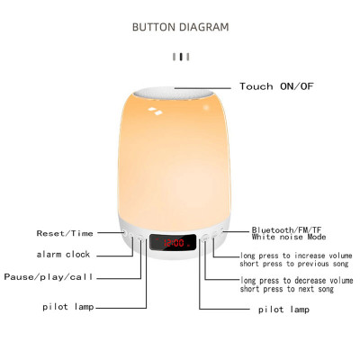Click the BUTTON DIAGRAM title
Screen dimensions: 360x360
tap(180, 27)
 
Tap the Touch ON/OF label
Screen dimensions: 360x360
tap(281, 86)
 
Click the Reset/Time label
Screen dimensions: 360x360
tap(64, 233)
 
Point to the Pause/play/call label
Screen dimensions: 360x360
tap(49, 276)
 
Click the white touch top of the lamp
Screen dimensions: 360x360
tap(180, 90)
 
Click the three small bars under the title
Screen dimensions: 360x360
tap(181, 57)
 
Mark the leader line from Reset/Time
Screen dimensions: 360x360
tap(109, 233)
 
